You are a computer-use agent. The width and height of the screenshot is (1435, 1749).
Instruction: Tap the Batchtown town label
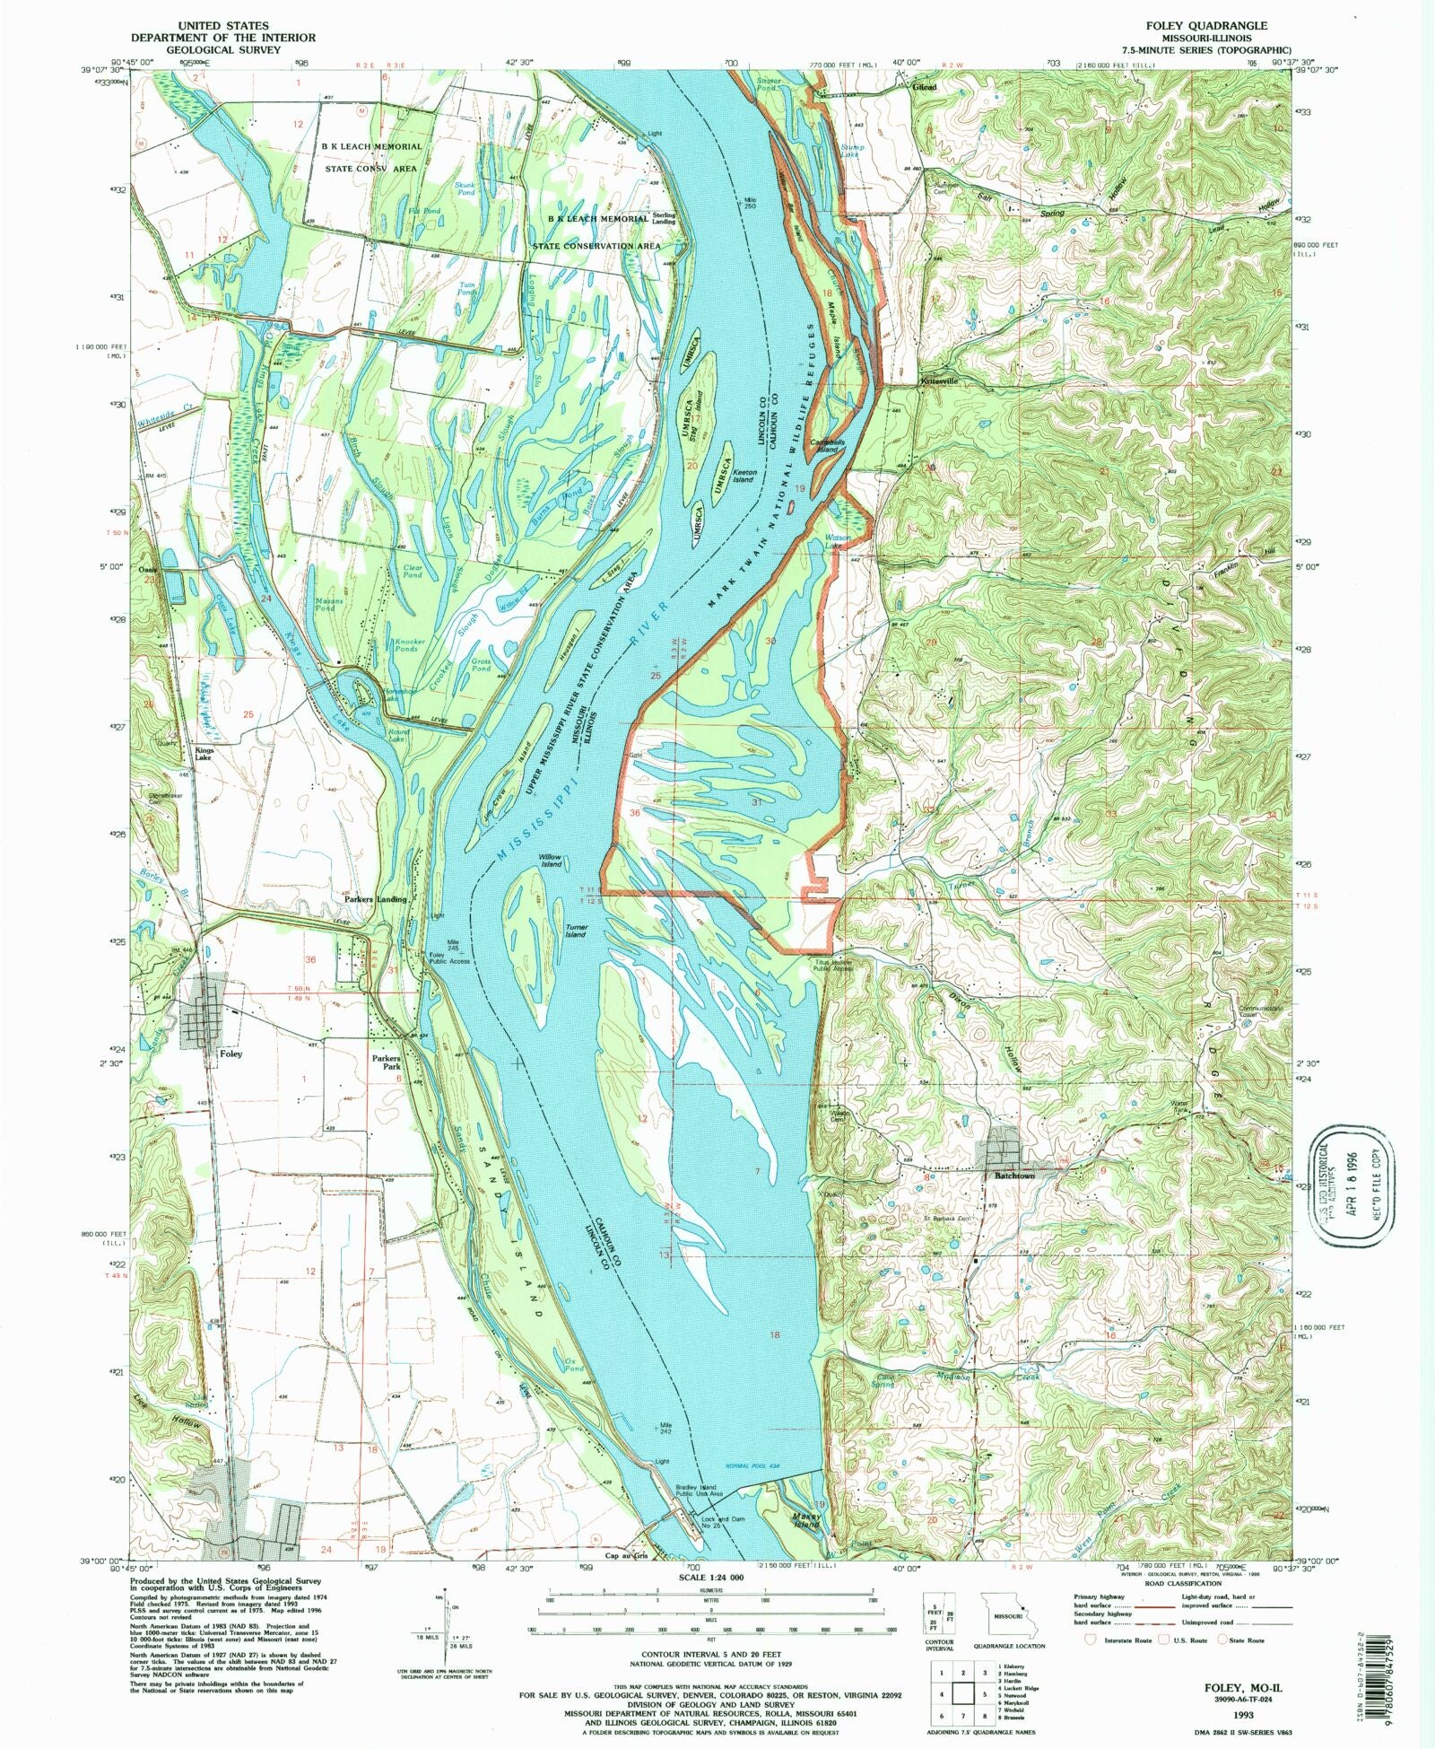(x=1013, y=1175)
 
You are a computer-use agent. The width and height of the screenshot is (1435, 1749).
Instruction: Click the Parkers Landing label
(x=376, y=898)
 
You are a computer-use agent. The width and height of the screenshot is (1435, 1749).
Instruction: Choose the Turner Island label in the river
(x=575, y=930)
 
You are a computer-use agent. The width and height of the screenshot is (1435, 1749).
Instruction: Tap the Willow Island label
(x=550, y=861)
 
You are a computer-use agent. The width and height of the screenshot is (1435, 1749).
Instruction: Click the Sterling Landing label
(x=665, y=219)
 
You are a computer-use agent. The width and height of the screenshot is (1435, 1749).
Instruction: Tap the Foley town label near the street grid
(x=230, y=1054)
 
